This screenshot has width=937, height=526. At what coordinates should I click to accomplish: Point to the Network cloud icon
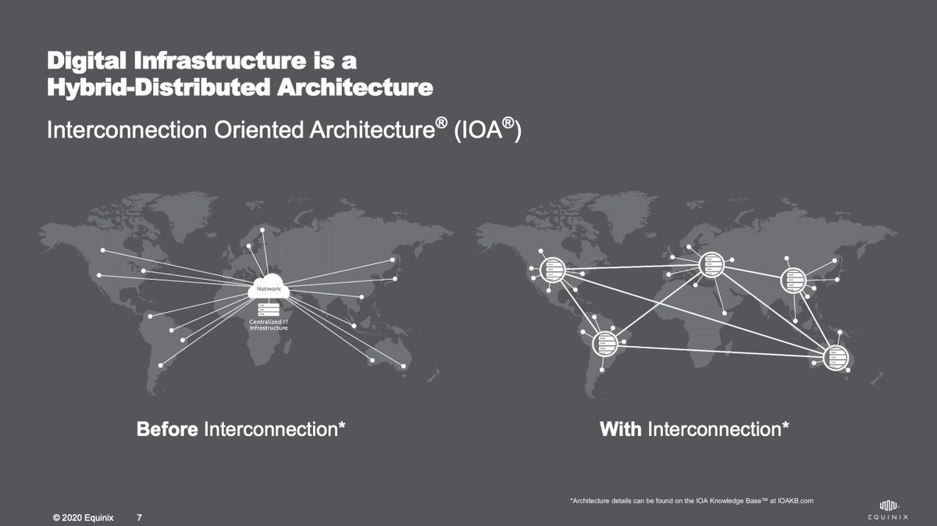[268, 290]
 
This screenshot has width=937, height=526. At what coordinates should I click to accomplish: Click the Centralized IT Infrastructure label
[269, 324]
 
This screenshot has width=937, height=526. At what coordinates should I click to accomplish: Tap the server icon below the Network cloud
[268, 310]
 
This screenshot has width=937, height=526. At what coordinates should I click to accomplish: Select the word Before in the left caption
[168, 429]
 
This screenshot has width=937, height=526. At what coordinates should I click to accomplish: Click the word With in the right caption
[621, 429]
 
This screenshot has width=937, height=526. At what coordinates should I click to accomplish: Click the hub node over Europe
[711, 263]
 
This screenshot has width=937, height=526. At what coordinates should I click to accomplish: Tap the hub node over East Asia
[794, 278]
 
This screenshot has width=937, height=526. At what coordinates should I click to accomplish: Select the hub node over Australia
[835, 356]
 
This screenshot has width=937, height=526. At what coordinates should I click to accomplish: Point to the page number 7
[139, 517]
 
